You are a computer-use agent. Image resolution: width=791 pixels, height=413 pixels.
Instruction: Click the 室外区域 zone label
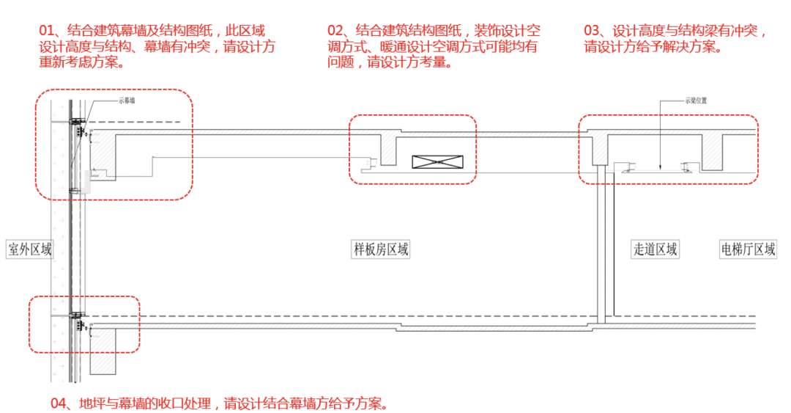tap(30, 249)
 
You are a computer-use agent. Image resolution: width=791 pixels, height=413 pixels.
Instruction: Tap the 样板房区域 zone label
tap(381, 249)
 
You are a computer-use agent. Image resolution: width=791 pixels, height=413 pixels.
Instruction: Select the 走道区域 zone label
tap(656, 249)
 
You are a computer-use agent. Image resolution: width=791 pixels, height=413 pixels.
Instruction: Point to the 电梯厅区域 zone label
tap(748, 249)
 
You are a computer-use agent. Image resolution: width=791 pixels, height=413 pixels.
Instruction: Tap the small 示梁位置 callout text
tap(695, 101)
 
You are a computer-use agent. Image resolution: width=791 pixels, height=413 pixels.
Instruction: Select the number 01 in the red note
tap(48, 31)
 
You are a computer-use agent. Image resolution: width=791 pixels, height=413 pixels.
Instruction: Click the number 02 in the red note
tap(336, 31)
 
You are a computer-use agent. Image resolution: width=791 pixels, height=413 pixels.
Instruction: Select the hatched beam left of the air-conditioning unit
tap(388, 150)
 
